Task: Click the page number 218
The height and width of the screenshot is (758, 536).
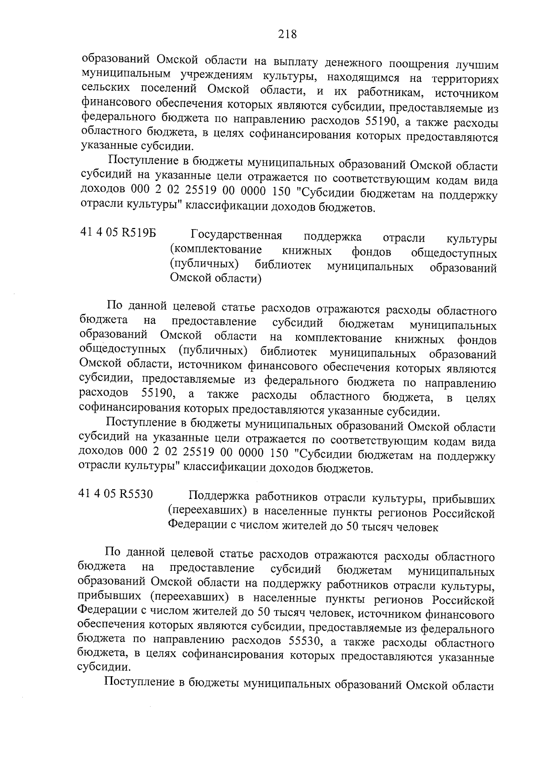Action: tap(287, 34)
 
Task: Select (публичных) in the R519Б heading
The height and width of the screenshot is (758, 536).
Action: tap(204, 264)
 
